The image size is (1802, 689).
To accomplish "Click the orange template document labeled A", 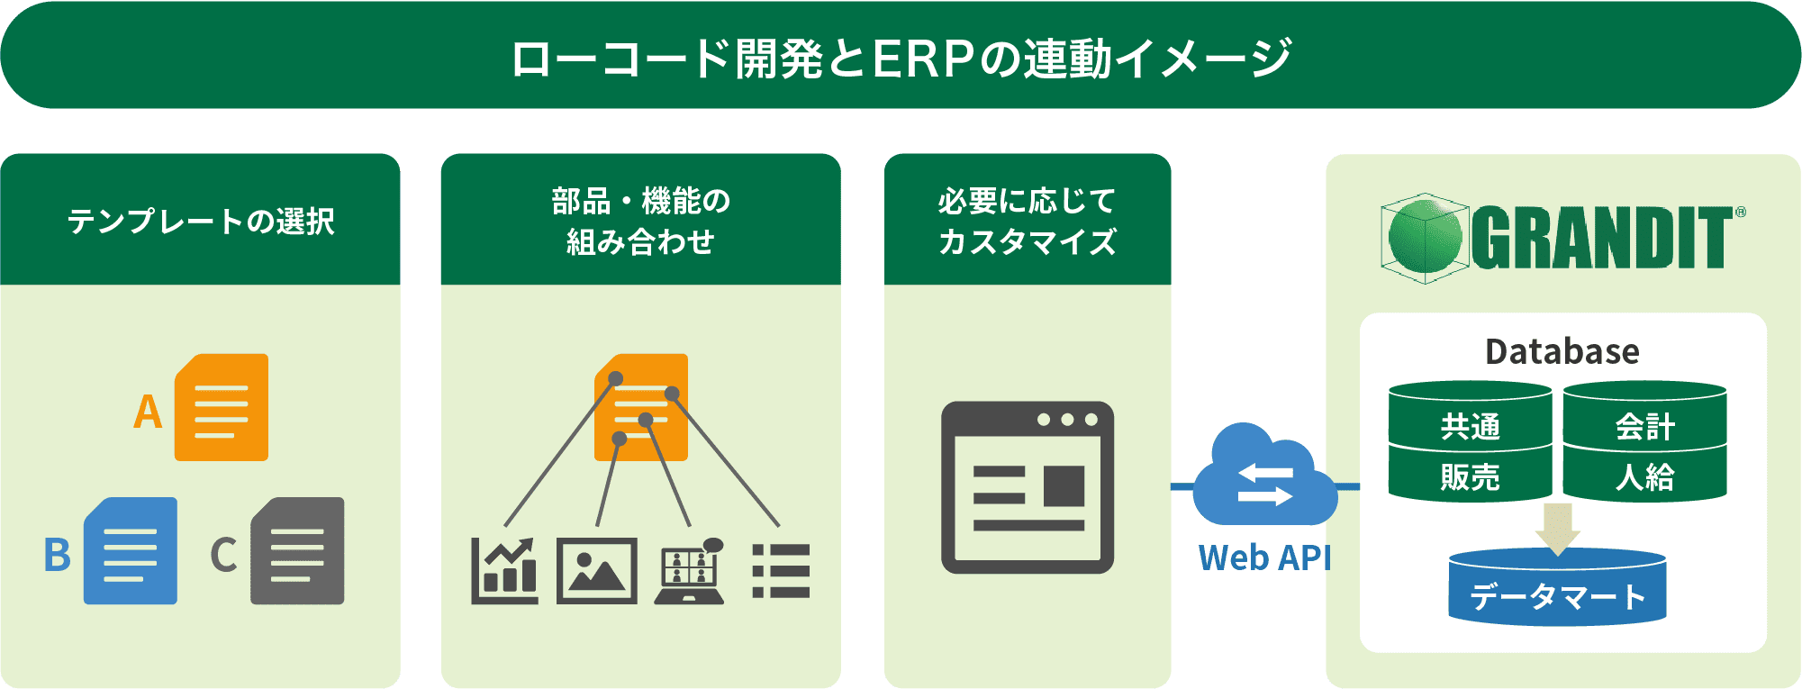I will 221,407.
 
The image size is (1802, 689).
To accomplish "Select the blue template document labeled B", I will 130,550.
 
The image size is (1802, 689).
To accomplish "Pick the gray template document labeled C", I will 297,550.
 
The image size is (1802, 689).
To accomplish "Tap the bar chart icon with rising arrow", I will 505,571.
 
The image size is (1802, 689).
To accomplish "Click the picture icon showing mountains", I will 596,571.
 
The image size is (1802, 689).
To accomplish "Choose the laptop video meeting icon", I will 690,573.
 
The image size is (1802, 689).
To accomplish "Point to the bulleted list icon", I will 781,571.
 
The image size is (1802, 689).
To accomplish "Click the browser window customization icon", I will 1028,487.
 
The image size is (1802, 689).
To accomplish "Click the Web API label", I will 1264,558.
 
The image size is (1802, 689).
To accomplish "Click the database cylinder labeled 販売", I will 1470,476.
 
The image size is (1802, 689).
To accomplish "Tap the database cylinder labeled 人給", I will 1644,476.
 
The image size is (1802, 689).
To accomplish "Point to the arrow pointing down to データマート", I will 1558,528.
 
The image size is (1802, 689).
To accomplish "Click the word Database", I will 1562,351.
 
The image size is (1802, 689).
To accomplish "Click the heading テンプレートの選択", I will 201,222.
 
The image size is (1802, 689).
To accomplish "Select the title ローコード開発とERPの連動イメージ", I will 901,58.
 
